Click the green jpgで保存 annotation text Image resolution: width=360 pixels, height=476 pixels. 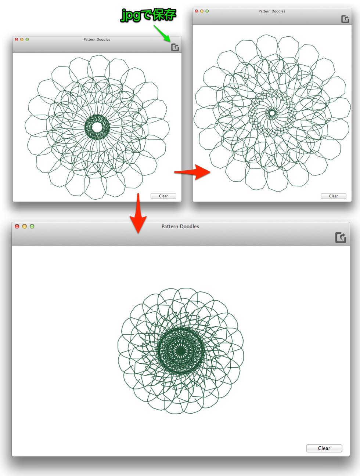point(148,15)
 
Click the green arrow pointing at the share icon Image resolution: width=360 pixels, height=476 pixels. point(162,33)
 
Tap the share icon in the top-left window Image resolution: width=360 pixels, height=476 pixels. point(175,47)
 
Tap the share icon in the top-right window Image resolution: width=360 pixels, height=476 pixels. point(345,19)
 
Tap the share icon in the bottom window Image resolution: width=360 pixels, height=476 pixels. point(341,237)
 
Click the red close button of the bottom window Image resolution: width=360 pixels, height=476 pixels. point(17,226)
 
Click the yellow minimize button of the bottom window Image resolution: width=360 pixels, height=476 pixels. point(25,226)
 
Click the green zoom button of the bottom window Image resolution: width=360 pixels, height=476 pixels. point(32,226)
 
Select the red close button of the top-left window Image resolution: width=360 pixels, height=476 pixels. point(17,39)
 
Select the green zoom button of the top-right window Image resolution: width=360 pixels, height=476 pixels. point(207,11)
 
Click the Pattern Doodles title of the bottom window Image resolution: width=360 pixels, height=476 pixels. point(180,226)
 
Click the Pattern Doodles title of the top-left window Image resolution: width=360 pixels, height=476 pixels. point(97,40)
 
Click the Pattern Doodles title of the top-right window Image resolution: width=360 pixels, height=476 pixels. point(272,11)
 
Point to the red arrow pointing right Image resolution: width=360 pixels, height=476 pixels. point(192,172)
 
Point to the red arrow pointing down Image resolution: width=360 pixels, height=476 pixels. point(138,213)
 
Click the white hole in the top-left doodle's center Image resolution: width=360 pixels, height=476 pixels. point(97,127)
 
